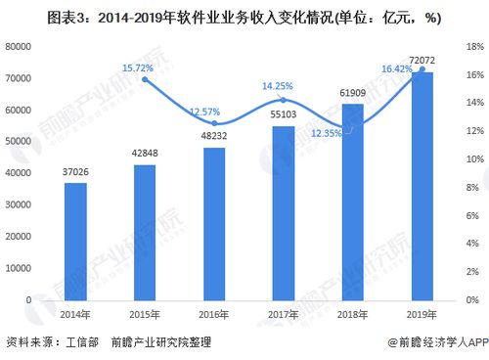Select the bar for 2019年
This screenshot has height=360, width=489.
tap(422, 186)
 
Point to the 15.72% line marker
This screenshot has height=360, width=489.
tap(145, 79)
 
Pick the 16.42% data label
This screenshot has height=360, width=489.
tap(397, 67)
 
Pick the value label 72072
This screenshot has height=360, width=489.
tap(422, 61)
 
